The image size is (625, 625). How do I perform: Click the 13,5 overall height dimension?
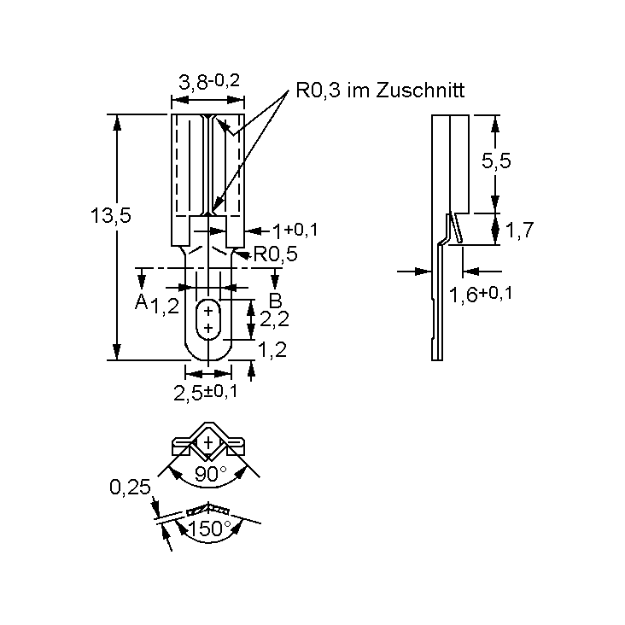pos(111,216)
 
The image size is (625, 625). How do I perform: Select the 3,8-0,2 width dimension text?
pos(208,82)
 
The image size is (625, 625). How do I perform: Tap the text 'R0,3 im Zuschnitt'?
pos(380,90)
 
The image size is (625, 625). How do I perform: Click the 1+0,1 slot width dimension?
pos(295,230)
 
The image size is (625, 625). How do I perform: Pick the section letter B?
pos(275,301)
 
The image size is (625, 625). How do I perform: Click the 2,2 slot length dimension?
pos(273,319)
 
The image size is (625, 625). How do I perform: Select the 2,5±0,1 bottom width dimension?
pos(206,392)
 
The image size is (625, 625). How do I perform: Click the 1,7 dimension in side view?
pos(519,230)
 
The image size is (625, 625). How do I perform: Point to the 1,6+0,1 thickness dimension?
pos(482,295)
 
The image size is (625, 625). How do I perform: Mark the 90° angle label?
pos(211,475)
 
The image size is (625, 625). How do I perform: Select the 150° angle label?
pos(209,529)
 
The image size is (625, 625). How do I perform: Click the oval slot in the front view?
pos(207,320)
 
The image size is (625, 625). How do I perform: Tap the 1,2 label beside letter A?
pos(166,306)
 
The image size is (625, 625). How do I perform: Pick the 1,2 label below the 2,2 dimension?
pos(272,348)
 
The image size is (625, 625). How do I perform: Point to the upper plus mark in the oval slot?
pos(207,312)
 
